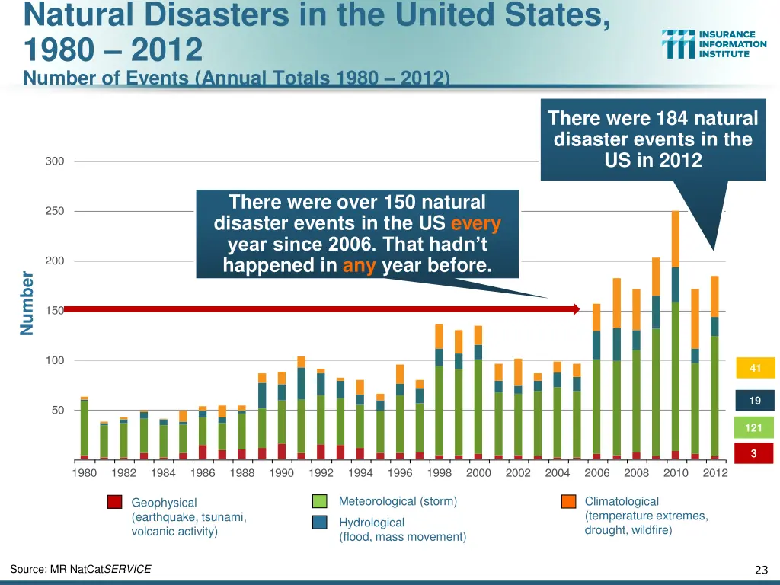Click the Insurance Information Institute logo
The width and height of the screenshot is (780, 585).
714,43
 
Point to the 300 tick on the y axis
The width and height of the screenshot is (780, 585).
54,161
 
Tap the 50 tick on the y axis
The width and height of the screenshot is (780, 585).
54,410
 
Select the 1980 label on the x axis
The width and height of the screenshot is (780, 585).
85,473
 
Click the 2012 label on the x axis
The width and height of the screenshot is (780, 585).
715,473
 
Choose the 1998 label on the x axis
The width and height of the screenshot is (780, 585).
440,473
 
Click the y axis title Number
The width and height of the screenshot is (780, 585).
27,302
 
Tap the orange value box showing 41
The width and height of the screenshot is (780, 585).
755,369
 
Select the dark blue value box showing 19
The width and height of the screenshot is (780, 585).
755,401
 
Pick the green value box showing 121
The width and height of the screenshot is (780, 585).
754,427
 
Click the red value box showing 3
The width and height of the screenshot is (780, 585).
755,454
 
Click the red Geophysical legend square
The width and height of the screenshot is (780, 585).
114,502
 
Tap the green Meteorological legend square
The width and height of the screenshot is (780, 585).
320,501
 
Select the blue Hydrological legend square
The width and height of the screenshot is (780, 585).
320,523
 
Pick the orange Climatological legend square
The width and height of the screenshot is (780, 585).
568,501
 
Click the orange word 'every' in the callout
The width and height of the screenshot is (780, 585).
476,224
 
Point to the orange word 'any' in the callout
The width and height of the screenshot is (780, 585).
360,266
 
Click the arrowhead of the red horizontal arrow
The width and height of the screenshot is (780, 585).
577,309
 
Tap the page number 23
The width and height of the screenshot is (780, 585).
760,570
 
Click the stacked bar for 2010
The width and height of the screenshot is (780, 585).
676,335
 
